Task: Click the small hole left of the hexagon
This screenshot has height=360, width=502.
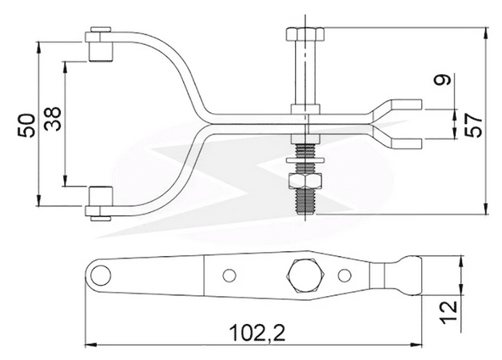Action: click(230, 275)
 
